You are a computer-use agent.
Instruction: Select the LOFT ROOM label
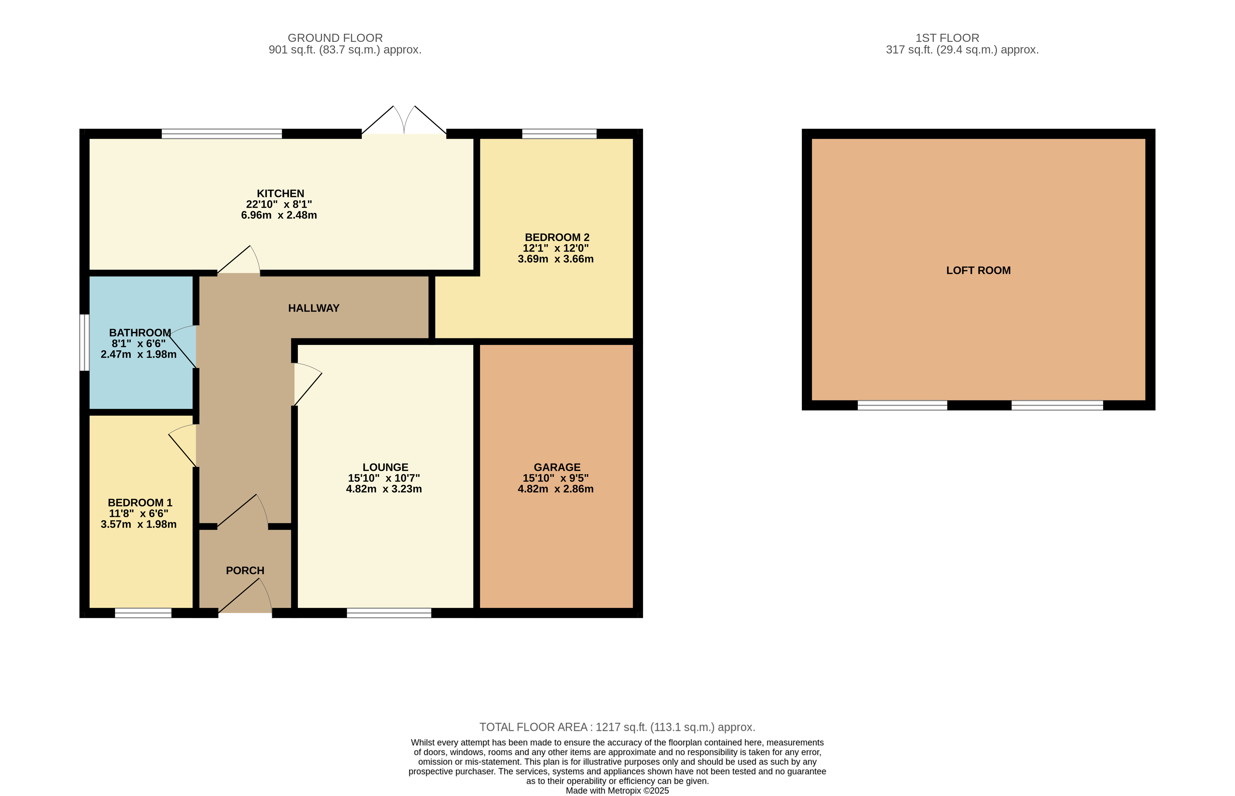pos(978,270)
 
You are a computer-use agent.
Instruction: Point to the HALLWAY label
pos(313,308)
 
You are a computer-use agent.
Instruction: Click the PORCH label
pos(245,571)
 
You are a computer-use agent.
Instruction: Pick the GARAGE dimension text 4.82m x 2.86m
pos(555,489)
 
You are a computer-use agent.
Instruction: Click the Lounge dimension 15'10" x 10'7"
pos(384,478)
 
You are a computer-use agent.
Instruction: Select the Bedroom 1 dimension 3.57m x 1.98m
pos(139,524)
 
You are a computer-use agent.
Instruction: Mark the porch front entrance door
pos(245,596)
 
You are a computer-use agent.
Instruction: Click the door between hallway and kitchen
pos(238,259)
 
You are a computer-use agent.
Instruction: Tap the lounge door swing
pos(308,384)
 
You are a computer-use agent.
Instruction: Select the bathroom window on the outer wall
pos(84,342)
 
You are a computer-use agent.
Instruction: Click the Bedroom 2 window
pos(559,134)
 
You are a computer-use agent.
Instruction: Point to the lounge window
pos(389,613)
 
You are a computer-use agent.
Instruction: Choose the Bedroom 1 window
pos(143,613)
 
